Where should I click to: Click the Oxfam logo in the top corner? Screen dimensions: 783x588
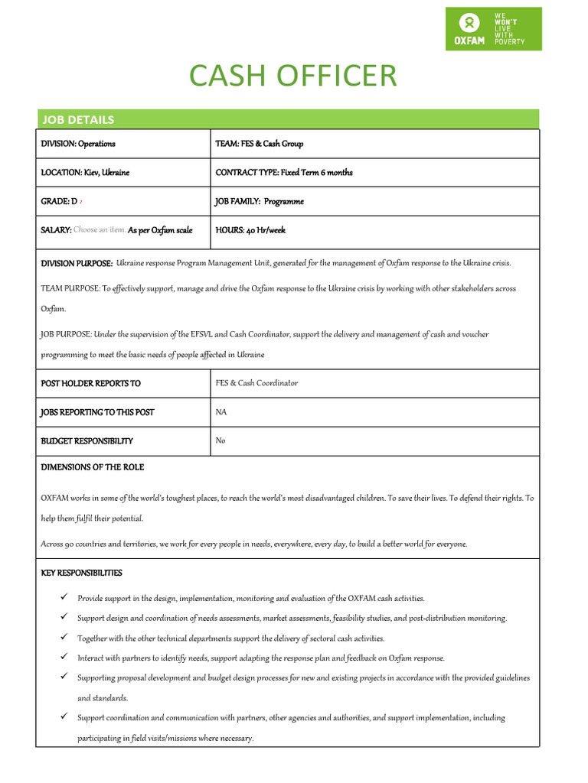coord(493,29)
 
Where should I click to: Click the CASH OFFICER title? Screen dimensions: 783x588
coord(293,76)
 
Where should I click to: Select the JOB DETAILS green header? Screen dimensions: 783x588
coord(77,119)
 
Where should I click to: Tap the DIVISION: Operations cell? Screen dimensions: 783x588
coord(78,144)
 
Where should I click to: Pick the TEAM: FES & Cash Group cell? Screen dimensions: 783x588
coord(260,144)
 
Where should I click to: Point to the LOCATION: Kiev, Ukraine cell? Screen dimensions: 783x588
coord(85,173)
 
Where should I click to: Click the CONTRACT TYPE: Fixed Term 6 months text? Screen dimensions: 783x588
coord(284,173)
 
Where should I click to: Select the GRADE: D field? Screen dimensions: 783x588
coord(59,202)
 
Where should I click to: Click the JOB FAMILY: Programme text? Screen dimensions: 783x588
coord(260,202)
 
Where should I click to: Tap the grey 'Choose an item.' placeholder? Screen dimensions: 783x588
coord(99,230)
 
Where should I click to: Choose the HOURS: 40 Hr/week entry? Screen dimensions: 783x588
coord(250,230)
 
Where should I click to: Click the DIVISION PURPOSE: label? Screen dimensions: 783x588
coord(77,263)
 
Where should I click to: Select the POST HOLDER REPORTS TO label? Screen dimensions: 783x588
coord(90,383)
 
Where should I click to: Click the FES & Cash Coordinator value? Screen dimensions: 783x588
coord(256,383)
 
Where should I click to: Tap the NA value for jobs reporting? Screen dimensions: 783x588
coord(221,412)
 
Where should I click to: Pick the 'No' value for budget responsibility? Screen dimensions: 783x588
coord(220,440)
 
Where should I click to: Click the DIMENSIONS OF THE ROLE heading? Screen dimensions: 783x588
coord(92,467)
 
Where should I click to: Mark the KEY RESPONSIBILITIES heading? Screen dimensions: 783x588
coord(81,573)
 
